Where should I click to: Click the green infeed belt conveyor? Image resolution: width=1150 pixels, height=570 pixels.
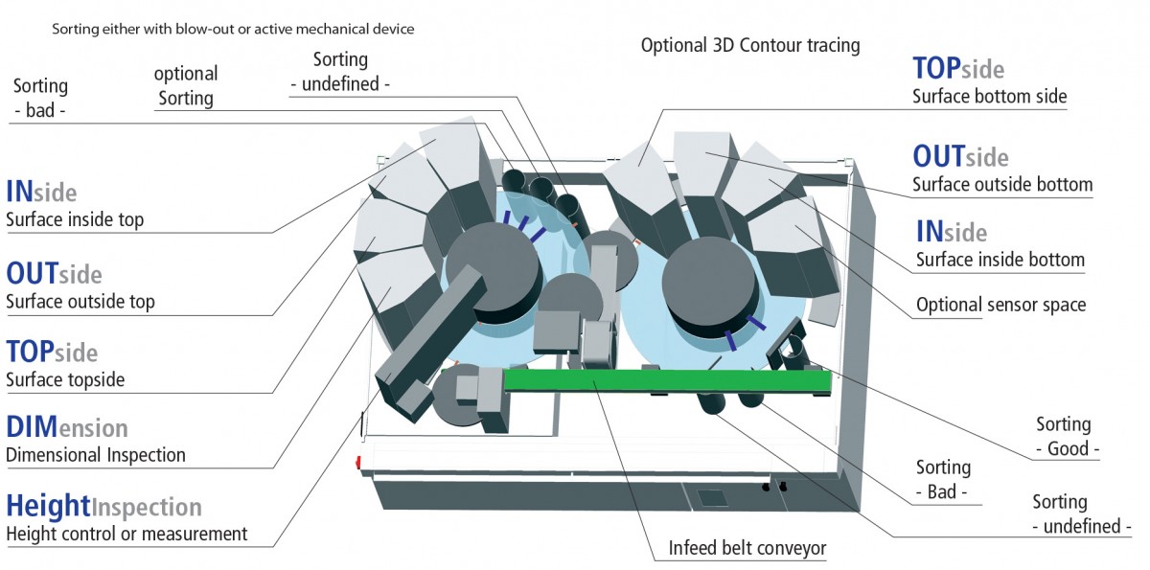point(667,380)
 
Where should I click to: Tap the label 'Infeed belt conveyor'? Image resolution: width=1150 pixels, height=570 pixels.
point(747,548)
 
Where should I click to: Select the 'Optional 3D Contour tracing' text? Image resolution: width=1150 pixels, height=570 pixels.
point(750,45)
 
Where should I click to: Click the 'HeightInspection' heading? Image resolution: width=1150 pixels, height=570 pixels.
point(103,507)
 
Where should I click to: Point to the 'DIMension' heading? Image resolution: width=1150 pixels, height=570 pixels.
point(67,427)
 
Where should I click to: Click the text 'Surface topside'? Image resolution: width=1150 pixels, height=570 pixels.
point(65,379)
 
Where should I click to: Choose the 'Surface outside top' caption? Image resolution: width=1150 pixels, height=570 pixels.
point(80,302)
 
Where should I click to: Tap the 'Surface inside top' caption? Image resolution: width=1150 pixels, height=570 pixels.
point(75,219)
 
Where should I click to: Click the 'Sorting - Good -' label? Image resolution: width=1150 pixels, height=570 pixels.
point(1067,437)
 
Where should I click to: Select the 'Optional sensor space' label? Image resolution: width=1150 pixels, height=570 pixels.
point(1000,305)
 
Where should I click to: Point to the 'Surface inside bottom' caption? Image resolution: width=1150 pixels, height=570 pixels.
point(1000,260)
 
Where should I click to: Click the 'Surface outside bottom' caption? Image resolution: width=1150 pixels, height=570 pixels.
point(1002,184)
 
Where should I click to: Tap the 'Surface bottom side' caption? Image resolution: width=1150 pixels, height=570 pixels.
point(989,97)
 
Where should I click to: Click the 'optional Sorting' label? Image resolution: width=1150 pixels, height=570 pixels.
point(186,85)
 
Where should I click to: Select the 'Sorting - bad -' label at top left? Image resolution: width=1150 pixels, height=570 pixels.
point(40,98)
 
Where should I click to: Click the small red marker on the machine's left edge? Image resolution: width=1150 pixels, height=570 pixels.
point(358,463)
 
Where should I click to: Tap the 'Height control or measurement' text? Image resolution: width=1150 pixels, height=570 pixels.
point(126,535)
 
